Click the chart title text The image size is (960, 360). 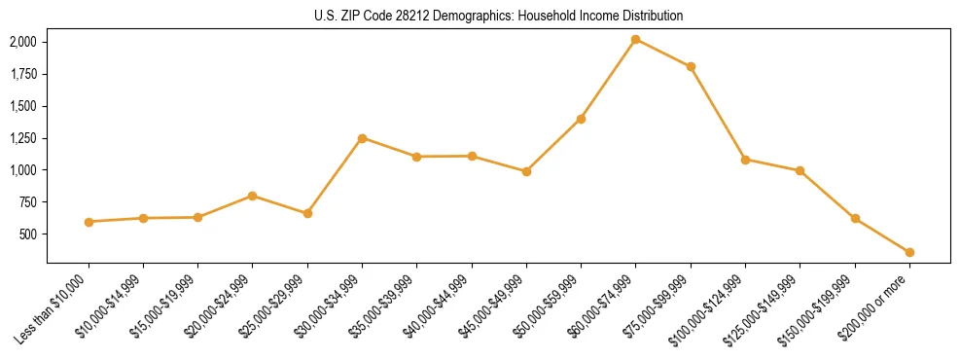tap(499, 16)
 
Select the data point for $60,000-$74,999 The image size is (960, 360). tap(636, 39)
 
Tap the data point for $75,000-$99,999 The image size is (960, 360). tap(691, 66)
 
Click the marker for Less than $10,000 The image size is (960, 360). tap(89, 222)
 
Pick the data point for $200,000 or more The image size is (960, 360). tap(909, 252)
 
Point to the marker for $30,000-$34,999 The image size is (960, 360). tap(362, 138)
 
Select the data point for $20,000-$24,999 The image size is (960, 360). tap(253, 196)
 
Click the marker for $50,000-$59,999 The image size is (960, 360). tap(581, 119)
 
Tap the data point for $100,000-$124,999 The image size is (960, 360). tap(745, 160)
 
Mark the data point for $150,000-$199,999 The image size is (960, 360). tap(855, 218)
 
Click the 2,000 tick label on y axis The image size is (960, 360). tap(22, 42)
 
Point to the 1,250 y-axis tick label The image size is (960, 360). tap(22, 138)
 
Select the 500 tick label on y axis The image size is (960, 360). tap(29, 234)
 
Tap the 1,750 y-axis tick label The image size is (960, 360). tap(22, 74)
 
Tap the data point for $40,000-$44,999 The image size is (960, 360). tap(472, 156)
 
